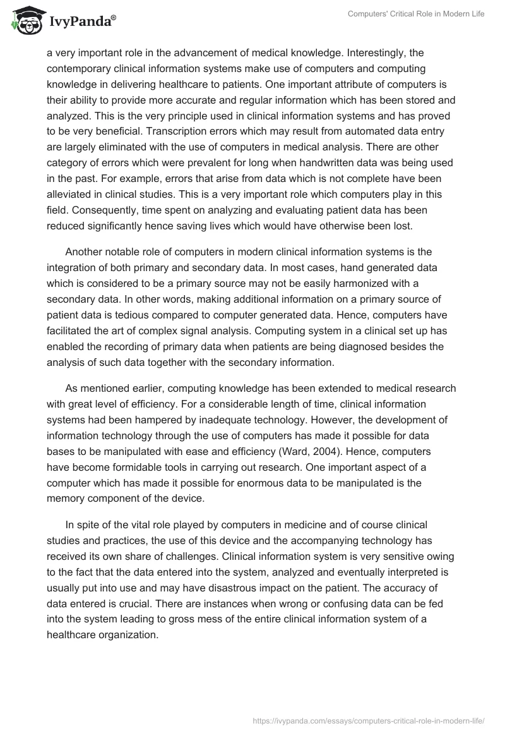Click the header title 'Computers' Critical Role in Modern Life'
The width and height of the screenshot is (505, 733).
pos(416,14)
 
